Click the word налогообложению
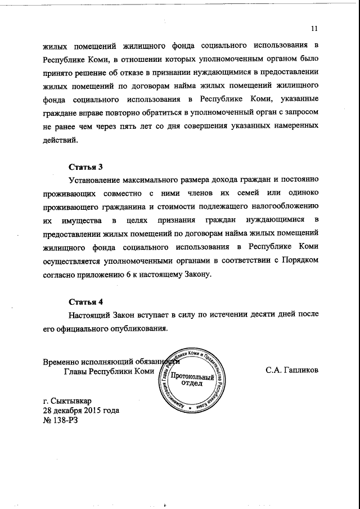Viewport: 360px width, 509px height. (281, 208)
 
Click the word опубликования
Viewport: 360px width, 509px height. (136, 328)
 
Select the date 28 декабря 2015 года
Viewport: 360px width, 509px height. (81, 411)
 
